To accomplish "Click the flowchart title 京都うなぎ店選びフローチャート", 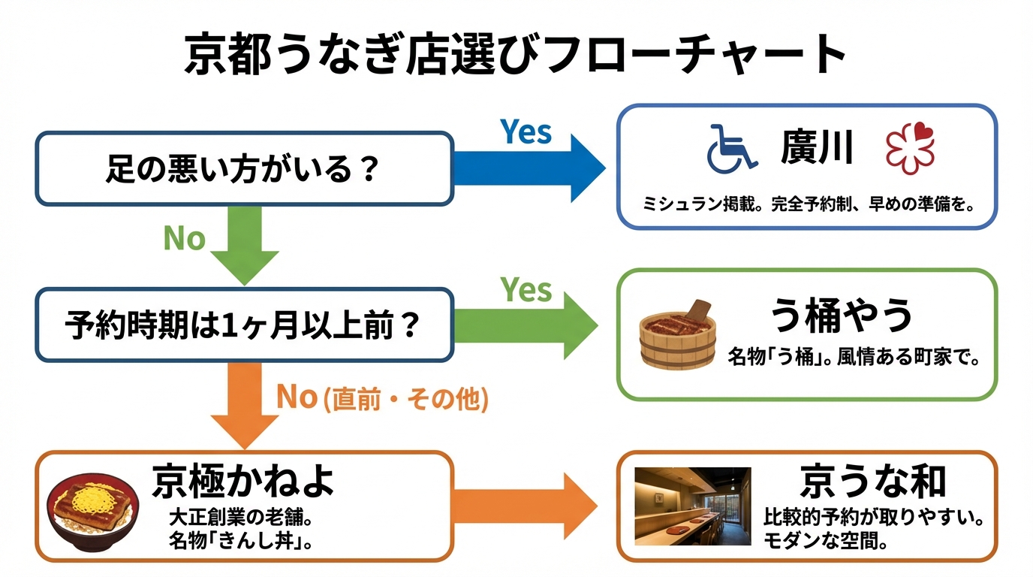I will coord(516,54).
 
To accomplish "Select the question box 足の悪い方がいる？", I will coord(244,169).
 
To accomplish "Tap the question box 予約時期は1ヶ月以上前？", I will coord(244,325).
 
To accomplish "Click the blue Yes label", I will coord(526,132).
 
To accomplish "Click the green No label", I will coord(184,239).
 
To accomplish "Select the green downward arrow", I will coord(245,244).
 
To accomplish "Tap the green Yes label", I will coord(526,290).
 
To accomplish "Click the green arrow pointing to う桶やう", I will coord(526,325).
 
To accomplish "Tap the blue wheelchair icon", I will coord(730,148).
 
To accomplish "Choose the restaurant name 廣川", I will coord(817,147).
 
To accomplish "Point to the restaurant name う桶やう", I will coord(842,316).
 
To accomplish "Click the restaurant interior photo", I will coord(692,506).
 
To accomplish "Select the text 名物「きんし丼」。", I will coord(240,541).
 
